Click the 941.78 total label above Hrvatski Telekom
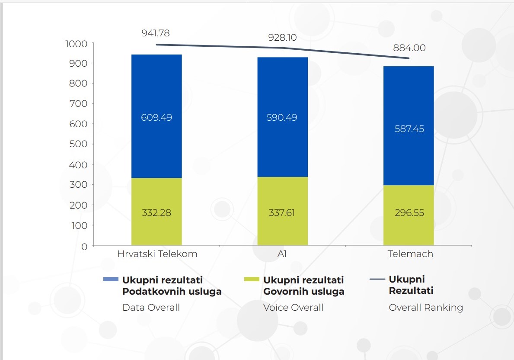(x=156, y=33)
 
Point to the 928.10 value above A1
(x=282, y=38)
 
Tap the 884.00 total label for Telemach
(x=409, y=48)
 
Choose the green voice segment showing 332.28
(x=156, y=212)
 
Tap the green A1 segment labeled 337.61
(x=282, y=212)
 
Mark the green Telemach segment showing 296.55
(x=409, y=213)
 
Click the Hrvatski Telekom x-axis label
(x=157, y=254)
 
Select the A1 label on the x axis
(x=282, y=254)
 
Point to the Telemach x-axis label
(x=410, y=254)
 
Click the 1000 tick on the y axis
(x=76, y=44)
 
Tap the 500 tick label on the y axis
(x=78, y=144)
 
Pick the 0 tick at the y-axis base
(x=84, y=246)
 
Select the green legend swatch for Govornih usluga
(x=252, y=279)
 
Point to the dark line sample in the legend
(x=377, y=280)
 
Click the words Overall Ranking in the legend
(x=425, y=308)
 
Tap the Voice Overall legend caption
(x=293, y=308)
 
